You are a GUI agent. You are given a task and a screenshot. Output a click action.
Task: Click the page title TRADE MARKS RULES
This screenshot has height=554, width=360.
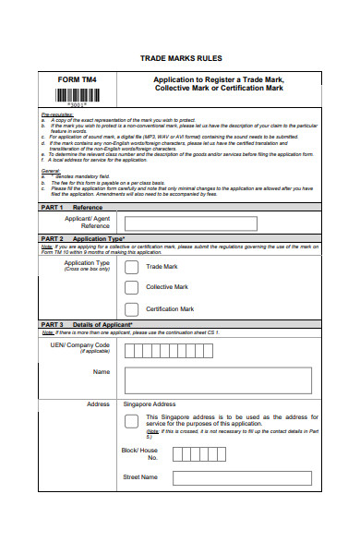tap(180, 58)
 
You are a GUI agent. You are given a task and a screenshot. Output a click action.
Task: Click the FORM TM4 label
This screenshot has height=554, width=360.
tap(77, 80)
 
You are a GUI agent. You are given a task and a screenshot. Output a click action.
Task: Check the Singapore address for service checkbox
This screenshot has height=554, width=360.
tap(131, 422)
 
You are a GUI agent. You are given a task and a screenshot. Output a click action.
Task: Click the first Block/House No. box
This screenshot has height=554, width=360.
tap(178, 454)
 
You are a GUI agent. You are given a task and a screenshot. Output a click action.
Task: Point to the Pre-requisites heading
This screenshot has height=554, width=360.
tap(57, 115)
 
